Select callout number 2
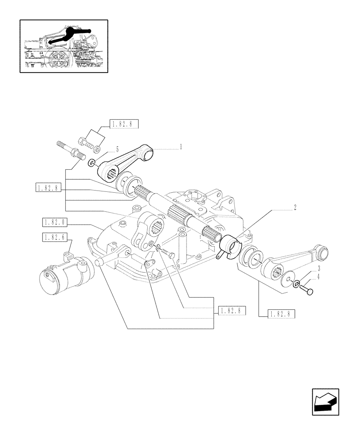coord(295,208)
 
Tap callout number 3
coord(319,268)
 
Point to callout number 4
coord(319,276)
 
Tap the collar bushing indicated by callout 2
coord(230,244)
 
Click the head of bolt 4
coord(310,292)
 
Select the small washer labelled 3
coord(296,285)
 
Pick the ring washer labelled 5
coord(92,163)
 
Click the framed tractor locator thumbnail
coord(63,46)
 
